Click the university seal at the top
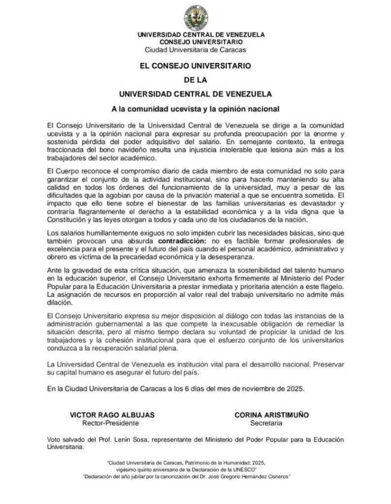195,17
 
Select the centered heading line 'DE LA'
195,79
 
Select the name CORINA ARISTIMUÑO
272,415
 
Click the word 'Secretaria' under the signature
266,423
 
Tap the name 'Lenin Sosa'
131,439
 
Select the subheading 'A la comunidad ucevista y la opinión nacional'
195,108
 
